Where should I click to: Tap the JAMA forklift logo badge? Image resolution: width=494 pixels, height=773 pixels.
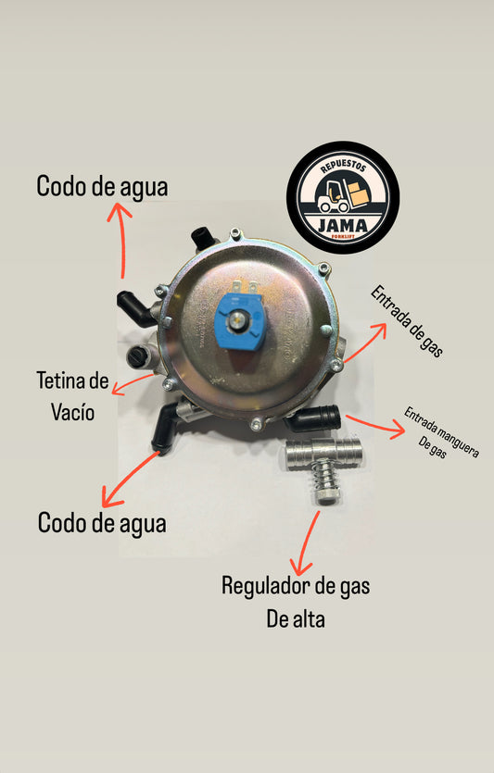[343, 198]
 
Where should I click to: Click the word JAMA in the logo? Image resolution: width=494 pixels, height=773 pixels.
[343, 226]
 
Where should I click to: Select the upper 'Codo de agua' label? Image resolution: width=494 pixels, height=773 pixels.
[102, 187]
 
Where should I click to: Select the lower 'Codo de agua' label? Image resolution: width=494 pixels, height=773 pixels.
[102, 524]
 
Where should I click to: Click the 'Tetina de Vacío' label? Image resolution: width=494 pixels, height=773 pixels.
[72, 396]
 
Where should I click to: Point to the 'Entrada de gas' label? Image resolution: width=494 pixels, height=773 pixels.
[407, 321]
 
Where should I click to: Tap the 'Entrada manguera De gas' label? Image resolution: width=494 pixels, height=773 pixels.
[440, 432]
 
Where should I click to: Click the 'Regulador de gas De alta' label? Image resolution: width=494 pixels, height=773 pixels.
[296, 602]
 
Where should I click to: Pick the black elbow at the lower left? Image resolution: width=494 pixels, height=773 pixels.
[164, 428]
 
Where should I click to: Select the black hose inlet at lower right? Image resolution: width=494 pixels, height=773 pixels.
[315, 418]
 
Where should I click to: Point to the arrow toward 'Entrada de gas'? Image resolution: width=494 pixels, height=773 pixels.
[365, 343]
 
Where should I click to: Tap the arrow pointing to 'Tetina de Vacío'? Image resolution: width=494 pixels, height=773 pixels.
[133, 384]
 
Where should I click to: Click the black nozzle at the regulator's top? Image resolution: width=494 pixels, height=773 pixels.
[201, 238]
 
